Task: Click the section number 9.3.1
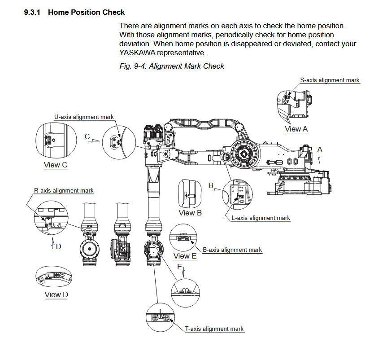(32, 12)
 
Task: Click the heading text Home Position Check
(86, 12)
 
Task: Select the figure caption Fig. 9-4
(172, 66)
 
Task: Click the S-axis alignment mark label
(330, 80)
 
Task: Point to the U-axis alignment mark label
(84, 117)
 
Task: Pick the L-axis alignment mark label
(261, 218)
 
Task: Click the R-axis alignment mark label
(64, 190)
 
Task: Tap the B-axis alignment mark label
(232, 250)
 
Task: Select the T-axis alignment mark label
(214, 329)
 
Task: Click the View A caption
(296, 129)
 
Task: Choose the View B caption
(190, 213)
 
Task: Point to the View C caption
(56, 165)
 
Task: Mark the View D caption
(56, 294)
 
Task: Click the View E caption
(185, 256)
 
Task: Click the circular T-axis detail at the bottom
(160, 317)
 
